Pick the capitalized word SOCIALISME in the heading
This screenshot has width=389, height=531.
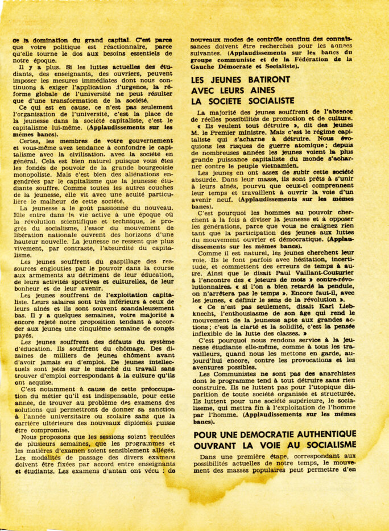tap(325, 445)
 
